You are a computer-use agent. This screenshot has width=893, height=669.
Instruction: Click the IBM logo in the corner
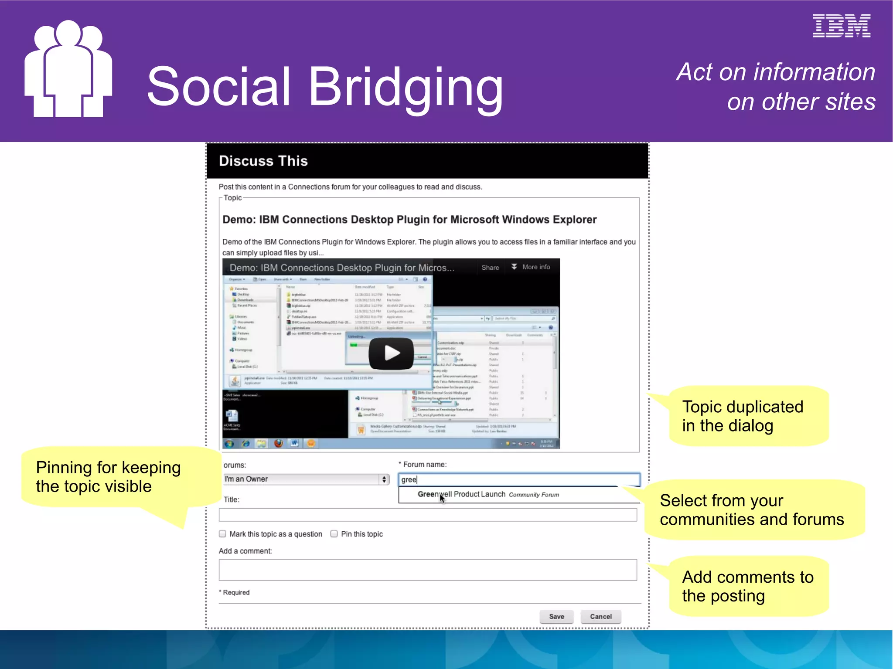click(x=841, y=26)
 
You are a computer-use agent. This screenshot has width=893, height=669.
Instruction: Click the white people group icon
click(x=68, y=70)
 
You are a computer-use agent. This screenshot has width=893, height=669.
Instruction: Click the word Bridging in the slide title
click(x=406, y=87)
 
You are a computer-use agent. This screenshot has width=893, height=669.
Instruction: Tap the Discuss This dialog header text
click(x=263, y=161)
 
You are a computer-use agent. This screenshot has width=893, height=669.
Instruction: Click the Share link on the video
click(x=490, y=268)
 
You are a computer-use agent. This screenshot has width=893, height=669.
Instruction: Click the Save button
click(x=556, y=616)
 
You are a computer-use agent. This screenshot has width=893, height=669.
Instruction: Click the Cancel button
click(x=600, y=616)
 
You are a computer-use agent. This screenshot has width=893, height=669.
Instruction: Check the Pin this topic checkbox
click(x=334, y=534)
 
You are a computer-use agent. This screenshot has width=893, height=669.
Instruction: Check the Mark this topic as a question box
click(x=223, y=534)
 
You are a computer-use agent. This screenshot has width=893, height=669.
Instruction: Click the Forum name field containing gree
click(x=519, y=479)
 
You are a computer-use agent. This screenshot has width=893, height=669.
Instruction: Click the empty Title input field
click(x=427, y=515)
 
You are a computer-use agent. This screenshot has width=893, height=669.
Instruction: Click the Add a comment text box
click(x=427, y=570)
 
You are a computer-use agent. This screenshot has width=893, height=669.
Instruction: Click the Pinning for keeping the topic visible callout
click(x=109, y=477)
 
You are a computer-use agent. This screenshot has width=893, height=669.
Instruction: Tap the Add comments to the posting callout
click(x=748, y=586)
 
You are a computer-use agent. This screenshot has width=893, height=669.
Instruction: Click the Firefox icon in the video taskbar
click(x=278, y=443)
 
